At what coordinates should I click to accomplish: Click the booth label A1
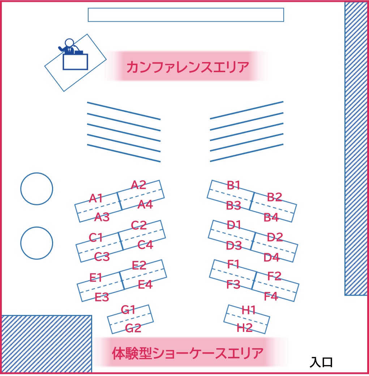(96, 198)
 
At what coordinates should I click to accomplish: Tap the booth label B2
(274, 197)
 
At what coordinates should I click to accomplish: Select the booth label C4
(145, 245)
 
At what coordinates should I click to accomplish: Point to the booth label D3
(234, 245)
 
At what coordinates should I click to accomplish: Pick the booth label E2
(139, 265)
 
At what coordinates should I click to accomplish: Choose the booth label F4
(271, 296)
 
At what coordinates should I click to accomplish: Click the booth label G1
(128, 310)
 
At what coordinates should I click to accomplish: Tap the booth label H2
(245, 328)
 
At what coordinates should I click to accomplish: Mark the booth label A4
(145, 205)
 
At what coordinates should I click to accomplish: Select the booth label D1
(234, 225)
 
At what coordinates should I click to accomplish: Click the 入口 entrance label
(321, 362)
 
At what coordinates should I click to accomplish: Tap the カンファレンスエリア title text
(188, 67)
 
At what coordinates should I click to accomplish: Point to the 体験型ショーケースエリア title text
(188, 353)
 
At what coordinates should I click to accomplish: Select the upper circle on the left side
(37, 189)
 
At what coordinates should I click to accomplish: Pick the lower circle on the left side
(37, 243)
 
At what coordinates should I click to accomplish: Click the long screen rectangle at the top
(186, 15)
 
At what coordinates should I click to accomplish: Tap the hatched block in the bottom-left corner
(47, 344)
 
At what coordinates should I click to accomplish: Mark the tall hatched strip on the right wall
(356, 149)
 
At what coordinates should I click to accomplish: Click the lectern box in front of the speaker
(75, 62)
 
